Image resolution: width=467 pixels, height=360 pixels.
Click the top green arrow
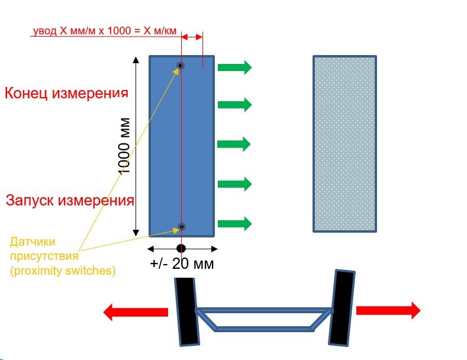point(234,67)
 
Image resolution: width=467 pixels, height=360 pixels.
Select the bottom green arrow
point(234,223)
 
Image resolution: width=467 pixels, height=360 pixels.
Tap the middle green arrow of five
point(234,144)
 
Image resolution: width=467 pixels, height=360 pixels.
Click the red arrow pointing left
point(136,311)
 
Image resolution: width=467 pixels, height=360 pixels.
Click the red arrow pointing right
point(388,310)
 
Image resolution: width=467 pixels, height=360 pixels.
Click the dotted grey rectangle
point(344,144)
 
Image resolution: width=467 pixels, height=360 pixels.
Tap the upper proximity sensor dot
point(181,66)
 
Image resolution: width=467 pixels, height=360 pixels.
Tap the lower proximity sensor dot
point(181,226)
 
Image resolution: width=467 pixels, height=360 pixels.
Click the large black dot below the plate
point(181,248)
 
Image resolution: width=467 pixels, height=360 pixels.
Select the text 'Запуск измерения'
point(70,200)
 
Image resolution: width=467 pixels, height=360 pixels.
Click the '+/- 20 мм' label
point(182,264)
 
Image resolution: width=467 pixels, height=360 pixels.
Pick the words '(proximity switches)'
point(63,271)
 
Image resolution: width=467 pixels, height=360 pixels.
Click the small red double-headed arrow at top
point(192,37)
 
